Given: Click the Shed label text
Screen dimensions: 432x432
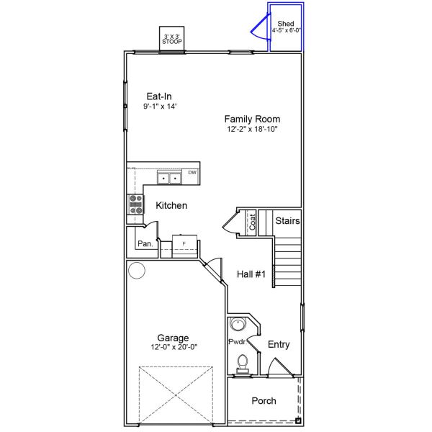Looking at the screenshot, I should pyautogui.click(x=285, y=24).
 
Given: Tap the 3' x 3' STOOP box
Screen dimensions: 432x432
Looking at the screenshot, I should pyautogui.click(x=171, y=39).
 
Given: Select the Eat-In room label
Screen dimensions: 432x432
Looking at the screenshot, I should pyautogui.click(x=159, y=96).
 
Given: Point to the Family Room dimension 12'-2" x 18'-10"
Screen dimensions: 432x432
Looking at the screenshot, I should pyautogui.click(x=251, y=130).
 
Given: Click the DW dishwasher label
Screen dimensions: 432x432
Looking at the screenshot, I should pyautogui.click(x=192, y=173).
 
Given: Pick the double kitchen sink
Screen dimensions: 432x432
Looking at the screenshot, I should pyautogui.click(x=170, y=178).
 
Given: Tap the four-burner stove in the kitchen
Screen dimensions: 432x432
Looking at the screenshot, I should pyautogui.click(x=135, y=205).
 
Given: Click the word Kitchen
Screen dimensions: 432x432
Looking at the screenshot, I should pyautogui.click(x=171, y=206).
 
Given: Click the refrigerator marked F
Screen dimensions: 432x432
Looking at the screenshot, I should pyautogui.click(x=184, y=245).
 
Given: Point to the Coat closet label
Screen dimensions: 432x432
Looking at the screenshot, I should pyautogui.click(x=253, y=222).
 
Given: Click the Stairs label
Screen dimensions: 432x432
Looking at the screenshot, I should pyautogui.click(x=287, y=221).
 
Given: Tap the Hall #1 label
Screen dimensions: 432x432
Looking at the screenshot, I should pyautogui.click(x=251, y=274).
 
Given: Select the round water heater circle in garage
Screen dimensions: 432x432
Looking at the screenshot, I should pyautogui.click(x=137, y=271).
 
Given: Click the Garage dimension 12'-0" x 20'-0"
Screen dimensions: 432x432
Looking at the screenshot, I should pyautogui.click(x=174, y=347).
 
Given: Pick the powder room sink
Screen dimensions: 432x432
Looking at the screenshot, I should pyautogui.click(x=238, y=323).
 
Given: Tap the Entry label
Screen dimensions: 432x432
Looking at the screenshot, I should pyautogui.click(x=278, y=345).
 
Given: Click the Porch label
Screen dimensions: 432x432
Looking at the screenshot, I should pyautogui.click(x=263, y=401).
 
